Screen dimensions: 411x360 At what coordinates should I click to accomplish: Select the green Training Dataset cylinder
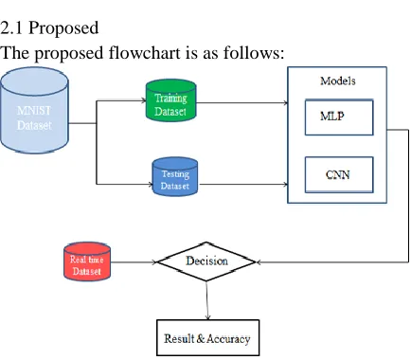click(x=170, y=100)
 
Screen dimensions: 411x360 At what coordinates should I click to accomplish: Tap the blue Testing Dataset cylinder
click(x=175, y=177)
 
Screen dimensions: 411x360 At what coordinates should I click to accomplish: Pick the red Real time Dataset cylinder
click(x=87, y=261)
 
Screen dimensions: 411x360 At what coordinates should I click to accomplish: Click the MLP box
click(x=339, y=117)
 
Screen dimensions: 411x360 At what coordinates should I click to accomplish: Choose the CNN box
click(x=339, y=174)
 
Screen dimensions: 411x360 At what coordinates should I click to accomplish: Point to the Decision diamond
click(x=206, y=261)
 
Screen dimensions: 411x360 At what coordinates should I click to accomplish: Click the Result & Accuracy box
click(x=208, y=338)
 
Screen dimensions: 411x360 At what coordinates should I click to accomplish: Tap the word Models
click(x=338, y=81)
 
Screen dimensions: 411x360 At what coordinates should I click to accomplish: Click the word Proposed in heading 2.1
click(x=63, y=28)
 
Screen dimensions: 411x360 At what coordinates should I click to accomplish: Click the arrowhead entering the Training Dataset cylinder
click(x=144, y=100)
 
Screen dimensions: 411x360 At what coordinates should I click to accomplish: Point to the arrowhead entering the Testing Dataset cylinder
click(x=151, y=184)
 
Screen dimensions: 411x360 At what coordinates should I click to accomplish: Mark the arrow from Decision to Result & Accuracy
click(x=207, y=300)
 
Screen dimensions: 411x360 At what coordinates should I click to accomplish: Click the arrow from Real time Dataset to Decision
click(x=134, y=262)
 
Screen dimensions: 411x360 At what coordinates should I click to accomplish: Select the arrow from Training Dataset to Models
click(x=241, y=102)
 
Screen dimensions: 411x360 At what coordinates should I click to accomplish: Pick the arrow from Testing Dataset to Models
click(x=243, y=184)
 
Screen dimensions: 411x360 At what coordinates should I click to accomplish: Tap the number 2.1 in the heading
click(x=11, y=28)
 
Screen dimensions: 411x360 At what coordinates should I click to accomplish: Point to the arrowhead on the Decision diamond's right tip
click(x=259, y=262)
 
